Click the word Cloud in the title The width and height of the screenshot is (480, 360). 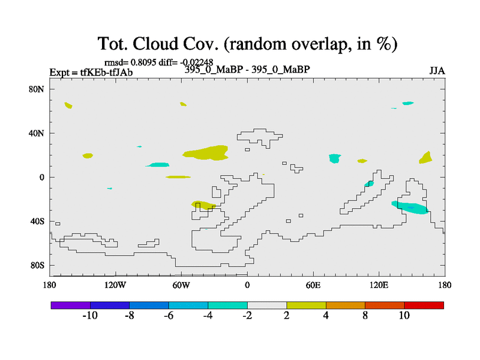click(155, 44)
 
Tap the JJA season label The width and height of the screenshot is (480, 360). click(437, 71)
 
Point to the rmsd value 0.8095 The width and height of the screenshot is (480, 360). click(143, 62)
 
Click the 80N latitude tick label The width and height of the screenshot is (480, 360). click(37, 89)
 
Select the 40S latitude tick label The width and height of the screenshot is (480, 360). click(37, 221)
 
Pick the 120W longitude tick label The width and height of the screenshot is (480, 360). click(115, 286)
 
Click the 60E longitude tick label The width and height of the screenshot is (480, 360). click(313, 286)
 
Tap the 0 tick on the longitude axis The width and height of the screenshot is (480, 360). click(247, 286)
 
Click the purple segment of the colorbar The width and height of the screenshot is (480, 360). click(71, 305)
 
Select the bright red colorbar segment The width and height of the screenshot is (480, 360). click(424, 305)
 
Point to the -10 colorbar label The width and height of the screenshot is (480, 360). click(90, 316)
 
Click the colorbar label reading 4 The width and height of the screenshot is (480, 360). click(326, 316)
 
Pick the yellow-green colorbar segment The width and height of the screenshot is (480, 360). click(306, 305)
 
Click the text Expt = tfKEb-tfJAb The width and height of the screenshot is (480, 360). click(91, 73)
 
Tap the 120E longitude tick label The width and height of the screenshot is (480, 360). click(379, 286)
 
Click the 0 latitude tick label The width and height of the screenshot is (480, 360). click(41, 178)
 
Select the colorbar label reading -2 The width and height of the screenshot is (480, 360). click(247, 316)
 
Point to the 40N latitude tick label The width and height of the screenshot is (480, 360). click(37, 133)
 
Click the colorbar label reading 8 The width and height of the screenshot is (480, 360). click(365, 316)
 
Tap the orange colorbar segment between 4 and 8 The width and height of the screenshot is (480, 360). click(346, 305)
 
